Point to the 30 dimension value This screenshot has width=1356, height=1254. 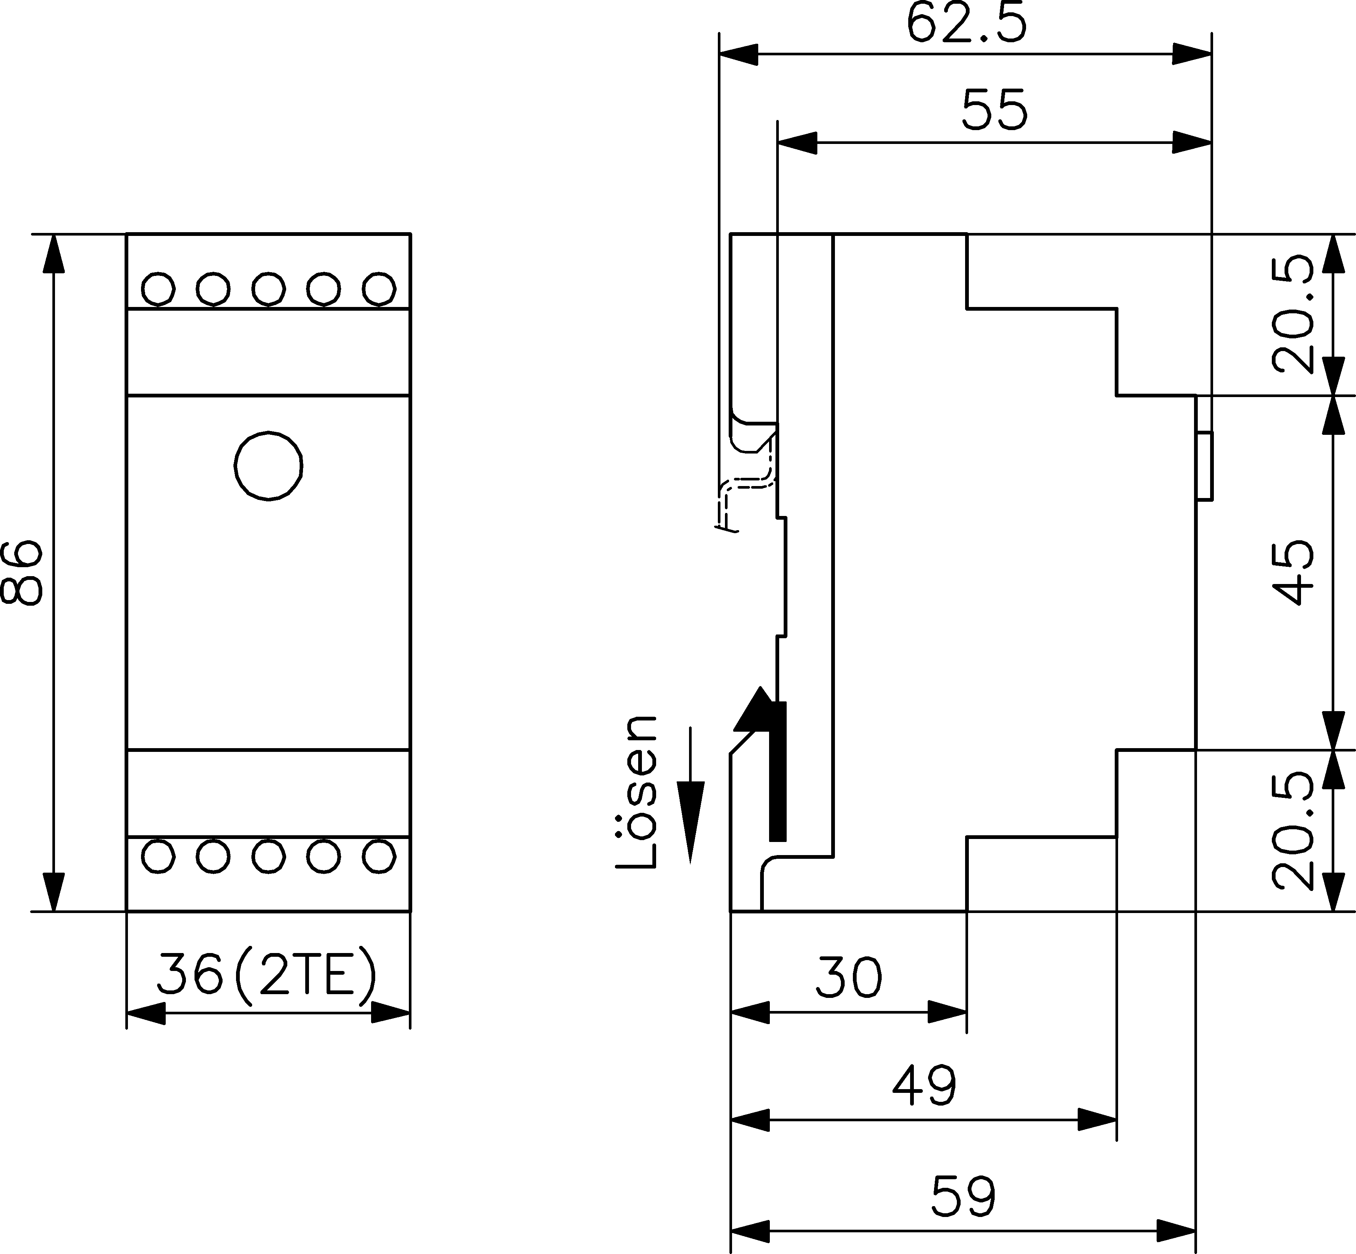[x=849, y=978]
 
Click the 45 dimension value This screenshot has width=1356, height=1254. [x=1293, y=572]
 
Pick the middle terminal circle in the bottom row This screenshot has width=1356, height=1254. [x=268, y=856]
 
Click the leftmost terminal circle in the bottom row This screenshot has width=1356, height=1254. [x=158, y=856]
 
